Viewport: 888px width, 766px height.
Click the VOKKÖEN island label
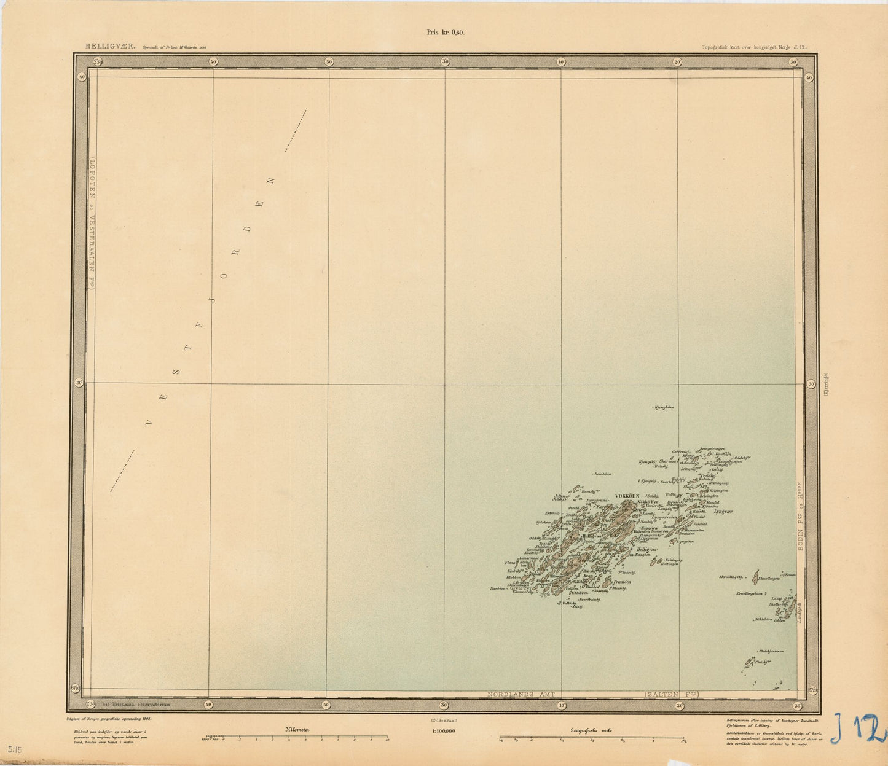click(x=627, y=496)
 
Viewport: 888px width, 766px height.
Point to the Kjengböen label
click(x=664, y=407)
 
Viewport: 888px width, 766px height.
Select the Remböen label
click(x=603, y=474)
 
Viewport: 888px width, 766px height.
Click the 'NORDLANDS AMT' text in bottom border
click(x=521, y=694)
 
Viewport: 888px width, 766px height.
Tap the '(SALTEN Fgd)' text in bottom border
click(x=672, y=694)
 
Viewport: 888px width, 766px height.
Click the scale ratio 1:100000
click(x=444, y=731)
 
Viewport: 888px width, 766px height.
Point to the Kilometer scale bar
click(x=297, y=737)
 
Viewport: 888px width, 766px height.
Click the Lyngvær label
click(x=724, y=511)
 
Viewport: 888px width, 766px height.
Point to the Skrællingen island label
click(x=769, y=578)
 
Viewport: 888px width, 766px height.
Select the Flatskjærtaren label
click(x=771, y=651)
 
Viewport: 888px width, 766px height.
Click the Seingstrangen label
click(x=713, y=448)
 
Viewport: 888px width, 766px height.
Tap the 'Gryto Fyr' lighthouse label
click(x=520, y=588)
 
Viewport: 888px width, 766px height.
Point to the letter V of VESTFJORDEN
click(x=147, y=423)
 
